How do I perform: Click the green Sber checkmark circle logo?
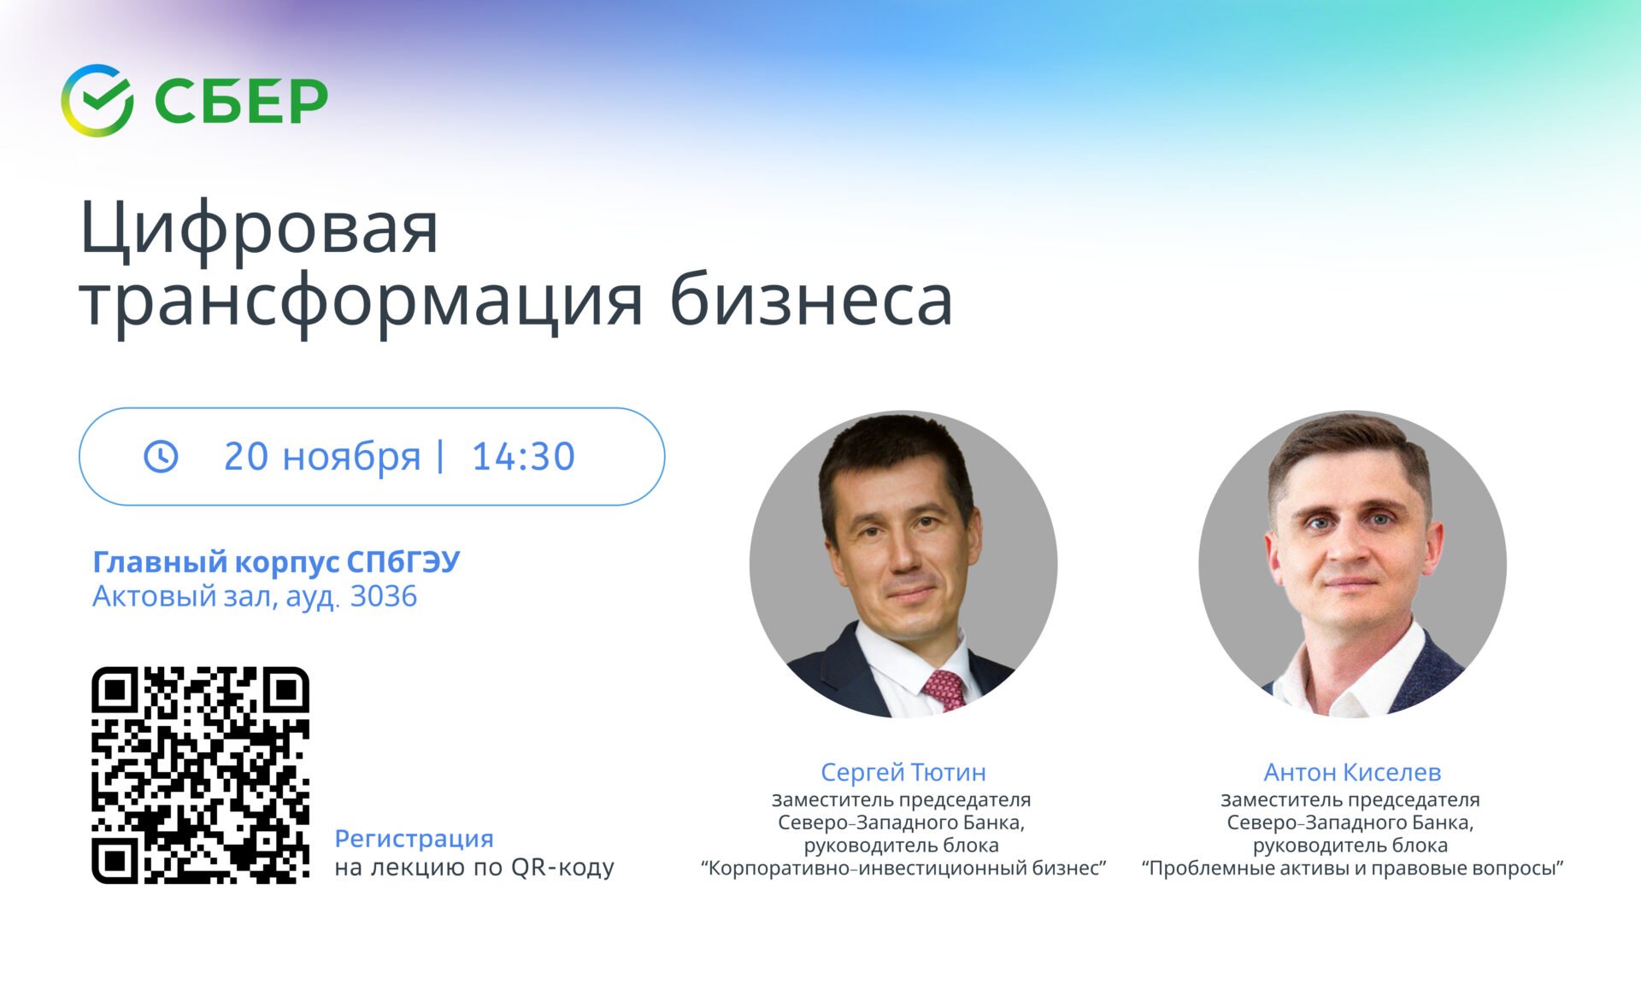coord(97,100)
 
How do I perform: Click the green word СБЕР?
coord(241,102)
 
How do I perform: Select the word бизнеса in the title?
coord(810,300)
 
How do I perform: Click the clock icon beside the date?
coord(161,456)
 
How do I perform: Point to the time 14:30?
coord(523,457)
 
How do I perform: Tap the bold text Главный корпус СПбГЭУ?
coord(276,562)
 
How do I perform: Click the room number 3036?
coord(384,596)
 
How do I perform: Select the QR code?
coord(201,775)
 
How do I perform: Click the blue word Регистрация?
coord(414,839)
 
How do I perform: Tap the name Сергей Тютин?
coord(903,772)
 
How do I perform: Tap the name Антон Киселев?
coord(1352,772)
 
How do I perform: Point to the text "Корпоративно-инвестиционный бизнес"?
coord(903,869)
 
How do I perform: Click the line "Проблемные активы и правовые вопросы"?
coord(1352,869)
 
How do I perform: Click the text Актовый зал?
coord(184,597)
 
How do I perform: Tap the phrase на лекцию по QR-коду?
coord(474,868)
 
